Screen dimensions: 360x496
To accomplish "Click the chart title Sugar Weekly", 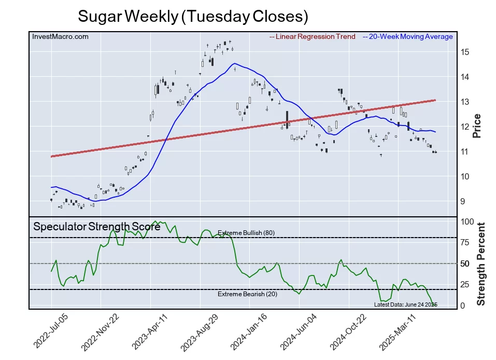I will (x=193, y=16).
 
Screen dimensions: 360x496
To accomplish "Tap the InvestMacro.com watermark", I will (x=60, y=36).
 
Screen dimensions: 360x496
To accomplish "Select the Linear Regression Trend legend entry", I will (x=313, y=37).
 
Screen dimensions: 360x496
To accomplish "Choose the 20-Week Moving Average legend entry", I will (x=407, y=37).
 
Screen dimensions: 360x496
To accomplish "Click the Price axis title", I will (x=477, y=126).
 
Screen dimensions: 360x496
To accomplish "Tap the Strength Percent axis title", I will (x=480, y=264).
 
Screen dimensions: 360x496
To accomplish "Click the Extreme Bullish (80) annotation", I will (x=246, y=233).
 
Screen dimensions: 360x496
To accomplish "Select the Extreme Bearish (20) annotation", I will (x=247, y=294).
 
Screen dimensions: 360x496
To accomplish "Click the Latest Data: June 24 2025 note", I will (x=406, y=304).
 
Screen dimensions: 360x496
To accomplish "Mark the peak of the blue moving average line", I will (x=235, y=63).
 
